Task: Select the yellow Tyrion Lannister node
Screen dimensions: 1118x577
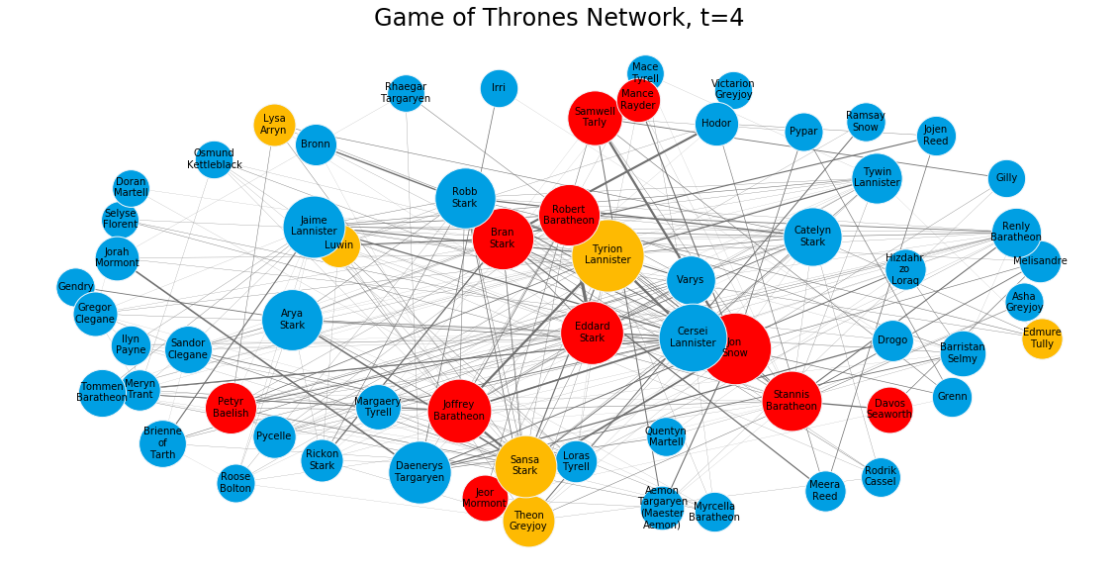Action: (x=607, y=255)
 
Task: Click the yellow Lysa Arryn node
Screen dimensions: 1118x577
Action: (x=274, y=125)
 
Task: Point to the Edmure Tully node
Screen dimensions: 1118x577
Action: (x=1042, y=338)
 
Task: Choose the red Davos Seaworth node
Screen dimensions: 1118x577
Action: (x=889, y=409)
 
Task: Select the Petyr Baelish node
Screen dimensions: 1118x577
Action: (x=231, y=408)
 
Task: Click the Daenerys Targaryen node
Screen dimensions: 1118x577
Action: (x=419, y=472)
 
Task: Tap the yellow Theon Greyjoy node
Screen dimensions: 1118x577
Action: (x=528, y=521)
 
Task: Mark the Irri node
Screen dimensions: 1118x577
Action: (x=499, y=88)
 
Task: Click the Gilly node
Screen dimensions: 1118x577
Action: (x=1006, y=178)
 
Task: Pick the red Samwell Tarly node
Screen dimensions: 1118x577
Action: (x=595, y=118)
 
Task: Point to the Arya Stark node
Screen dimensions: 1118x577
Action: (x=293, y=320)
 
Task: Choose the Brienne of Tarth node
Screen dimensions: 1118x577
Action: (x=162, y=442)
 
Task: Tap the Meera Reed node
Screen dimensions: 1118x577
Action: (x=825, y=490)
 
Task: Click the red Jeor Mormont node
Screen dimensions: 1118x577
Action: (x=484, y=498)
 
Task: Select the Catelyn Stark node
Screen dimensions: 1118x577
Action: (x=812, y=237)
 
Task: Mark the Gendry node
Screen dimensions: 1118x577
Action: (x=76, y=287)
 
